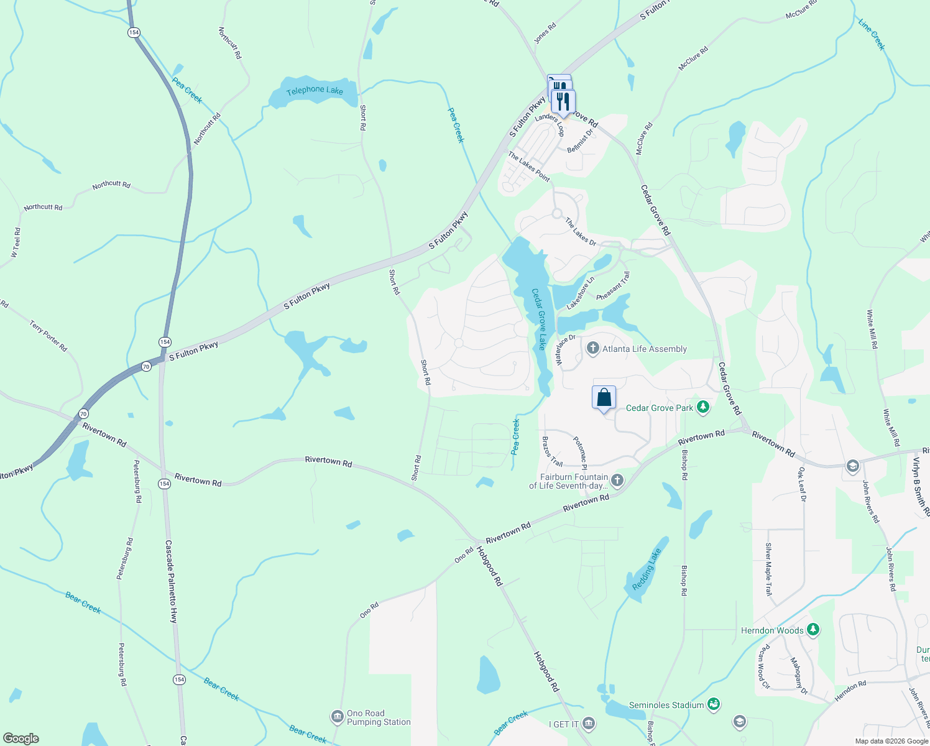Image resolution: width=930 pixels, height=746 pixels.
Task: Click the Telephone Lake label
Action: point(315,91)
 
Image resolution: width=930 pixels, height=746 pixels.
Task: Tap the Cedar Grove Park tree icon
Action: point(703,407)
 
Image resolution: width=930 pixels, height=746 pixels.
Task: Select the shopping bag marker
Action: point(604,397)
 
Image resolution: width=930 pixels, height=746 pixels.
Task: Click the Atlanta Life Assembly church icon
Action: point(592,349)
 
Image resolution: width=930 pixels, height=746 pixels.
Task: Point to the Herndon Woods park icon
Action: point(813,630)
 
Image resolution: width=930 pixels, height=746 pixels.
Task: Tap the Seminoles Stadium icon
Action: point(714,704)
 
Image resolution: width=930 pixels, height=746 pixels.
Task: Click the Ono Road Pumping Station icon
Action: point(337,717)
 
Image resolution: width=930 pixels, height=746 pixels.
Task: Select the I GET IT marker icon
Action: point(589,724)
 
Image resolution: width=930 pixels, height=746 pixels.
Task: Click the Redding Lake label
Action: point(647,569)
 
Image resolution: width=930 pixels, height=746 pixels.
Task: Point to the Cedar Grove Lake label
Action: point(538,319)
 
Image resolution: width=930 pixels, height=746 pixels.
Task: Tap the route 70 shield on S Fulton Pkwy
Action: point(146,366)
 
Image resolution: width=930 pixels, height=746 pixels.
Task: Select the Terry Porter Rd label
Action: point(48,336)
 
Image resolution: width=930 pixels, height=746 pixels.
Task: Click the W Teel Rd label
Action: point(16,242)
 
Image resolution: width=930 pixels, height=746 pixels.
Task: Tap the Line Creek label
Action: point(871,34)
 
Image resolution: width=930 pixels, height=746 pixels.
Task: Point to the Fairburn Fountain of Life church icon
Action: point(617,480)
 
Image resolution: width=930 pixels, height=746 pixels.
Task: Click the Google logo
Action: point(21,738)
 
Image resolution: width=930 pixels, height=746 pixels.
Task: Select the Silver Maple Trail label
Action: point(769,569)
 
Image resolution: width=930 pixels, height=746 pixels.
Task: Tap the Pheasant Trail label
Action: point(613,287)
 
